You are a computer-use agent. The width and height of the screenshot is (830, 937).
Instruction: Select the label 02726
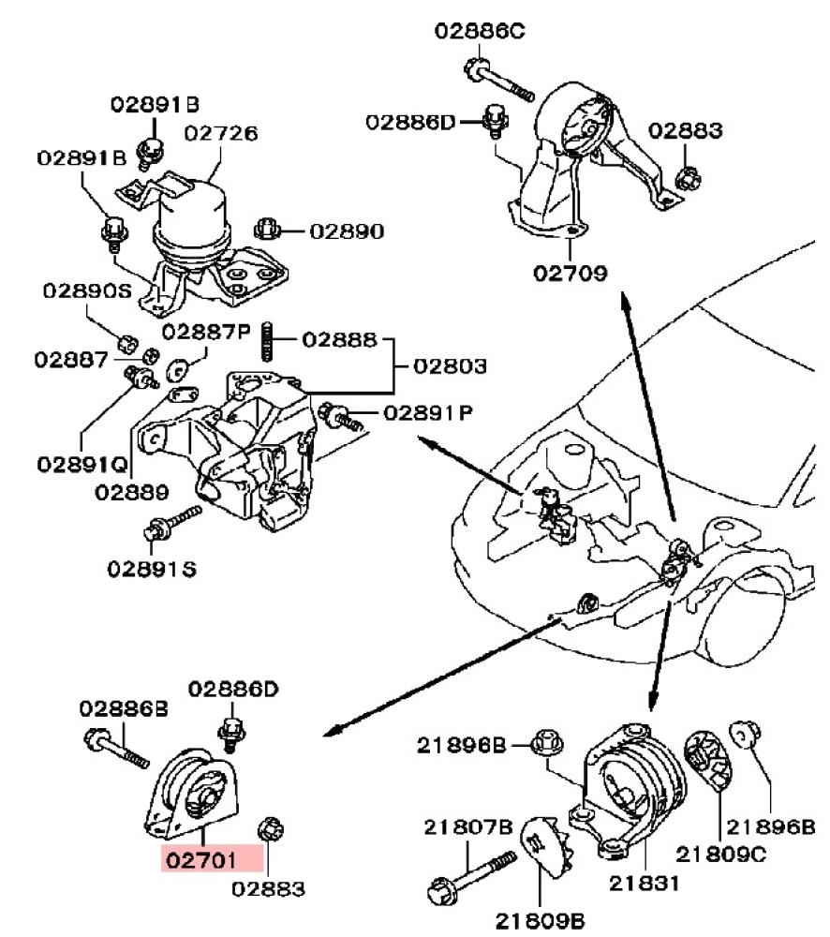tap(220, 133)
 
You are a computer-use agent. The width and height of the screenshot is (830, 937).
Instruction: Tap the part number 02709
tap(571, 274)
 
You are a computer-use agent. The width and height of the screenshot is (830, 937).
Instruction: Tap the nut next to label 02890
tap(265, 229)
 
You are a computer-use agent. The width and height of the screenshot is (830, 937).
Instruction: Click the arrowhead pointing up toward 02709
tap(623, 300)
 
